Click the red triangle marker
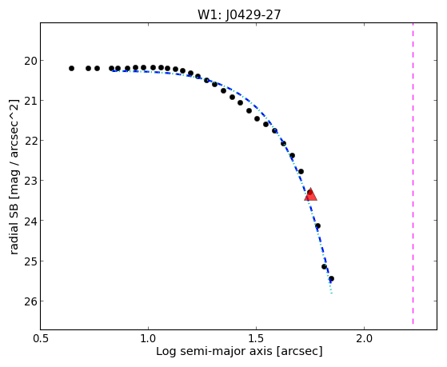point(310,195)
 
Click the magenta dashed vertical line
point(413,174)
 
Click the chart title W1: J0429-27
point(239,15)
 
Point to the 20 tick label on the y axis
point(30,61)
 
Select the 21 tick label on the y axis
point(30,101)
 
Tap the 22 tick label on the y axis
point(30,141)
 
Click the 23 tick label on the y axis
point(30,181)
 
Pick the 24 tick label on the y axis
point(30,221)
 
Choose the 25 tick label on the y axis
point(30,261)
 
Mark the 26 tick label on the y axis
point(30,301)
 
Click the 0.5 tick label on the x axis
point(41,338)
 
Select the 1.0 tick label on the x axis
point(148,338)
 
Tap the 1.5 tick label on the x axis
point(256,338)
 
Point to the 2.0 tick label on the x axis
point(365,338)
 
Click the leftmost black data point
point(71,69)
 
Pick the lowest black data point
point(331,278)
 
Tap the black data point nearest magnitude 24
point(318,225)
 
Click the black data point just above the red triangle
point(301,171)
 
